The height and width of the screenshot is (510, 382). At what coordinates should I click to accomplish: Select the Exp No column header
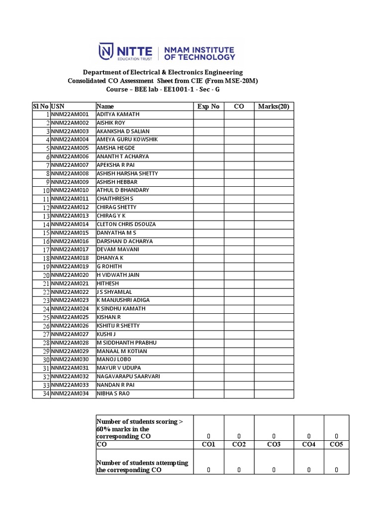[x=208, y=106]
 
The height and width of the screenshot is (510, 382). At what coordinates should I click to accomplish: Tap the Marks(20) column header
[x=274, y=106]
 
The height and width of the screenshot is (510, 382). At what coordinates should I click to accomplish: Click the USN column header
[x=57, y=106]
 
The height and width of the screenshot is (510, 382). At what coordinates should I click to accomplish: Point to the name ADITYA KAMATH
[x=118, y=115]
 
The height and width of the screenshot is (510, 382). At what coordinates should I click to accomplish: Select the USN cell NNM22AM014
[x=69, y=224]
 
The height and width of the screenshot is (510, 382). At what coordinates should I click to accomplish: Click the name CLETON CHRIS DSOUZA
[x=126, y=224]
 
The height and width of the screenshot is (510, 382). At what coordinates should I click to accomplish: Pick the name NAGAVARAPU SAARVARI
[x=128, y=377]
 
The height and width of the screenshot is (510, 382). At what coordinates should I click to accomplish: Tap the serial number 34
[x=46, y=394]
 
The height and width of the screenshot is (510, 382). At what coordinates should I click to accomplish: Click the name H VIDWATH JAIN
[x=117, y=275]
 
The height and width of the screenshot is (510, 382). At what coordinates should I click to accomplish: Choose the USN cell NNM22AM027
[x=69, y=334]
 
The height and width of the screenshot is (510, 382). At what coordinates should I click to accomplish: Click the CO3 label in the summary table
[x=274, y=444]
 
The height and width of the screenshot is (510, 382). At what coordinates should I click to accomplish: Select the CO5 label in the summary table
[x=336, y=444]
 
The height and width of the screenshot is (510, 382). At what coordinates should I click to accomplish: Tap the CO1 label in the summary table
[x=208, y=444]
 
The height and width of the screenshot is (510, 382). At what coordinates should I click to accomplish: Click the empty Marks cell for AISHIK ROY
[x=274, y=123]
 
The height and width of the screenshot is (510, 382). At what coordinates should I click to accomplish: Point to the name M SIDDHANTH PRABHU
[x=123, y=343]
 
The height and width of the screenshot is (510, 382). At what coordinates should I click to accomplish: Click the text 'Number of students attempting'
[x=142, y=463]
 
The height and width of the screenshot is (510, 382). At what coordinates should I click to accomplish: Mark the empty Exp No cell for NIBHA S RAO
[x=208, y=394]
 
